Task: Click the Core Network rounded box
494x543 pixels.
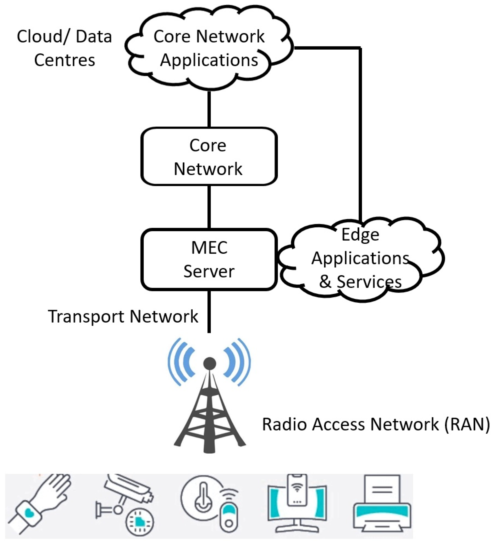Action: pos(209,157)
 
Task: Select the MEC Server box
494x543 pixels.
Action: pos(209,259)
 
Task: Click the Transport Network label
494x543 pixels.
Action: pos(123,316)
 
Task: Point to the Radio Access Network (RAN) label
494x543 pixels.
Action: pos(376,424)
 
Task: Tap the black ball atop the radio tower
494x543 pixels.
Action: pos(209,364)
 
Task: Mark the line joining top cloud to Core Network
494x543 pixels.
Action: pos(209,109)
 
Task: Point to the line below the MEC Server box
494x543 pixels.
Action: pos(209,311)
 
